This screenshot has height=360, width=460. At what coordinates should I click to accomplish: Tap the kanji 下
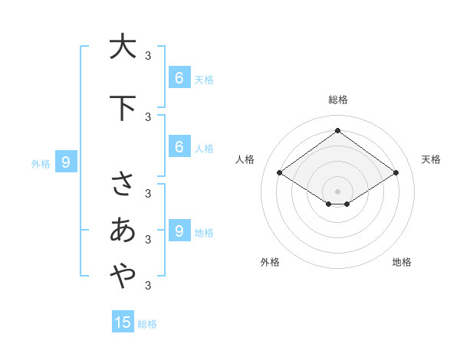coord(123,108)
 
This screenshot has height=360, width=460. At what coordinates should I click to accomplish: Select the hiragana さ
coord(123,185)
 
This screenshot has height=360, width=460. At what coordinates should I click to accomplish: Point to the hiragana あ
coord(123,230)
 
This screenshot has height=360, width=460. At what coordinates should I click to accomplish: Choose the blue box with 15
coord(123,322)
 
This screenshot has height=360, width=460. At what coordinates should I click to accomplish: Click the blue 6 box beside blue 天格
coord(179,78)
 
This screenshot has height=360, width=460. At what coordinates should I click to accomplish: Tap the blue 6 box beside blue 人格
coord(179,147)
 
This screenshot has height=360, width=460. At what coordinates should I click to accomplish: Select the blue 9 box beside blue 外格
coord(66,162)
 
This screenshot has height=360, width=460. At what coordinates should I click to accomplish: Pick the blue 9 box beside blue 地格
coord(179,231)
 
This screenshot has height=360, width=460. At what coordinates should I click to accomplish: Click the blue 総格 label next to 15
coord(147,324)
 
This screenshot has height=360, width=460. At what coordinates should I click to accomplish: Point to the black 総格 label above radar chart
coord(337,100)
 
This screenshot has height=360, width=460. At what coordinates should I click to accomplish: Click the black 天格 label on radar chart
coord(431,159)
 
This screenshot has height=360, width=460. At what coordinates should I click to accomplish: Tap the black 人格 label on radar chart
coord(245,159)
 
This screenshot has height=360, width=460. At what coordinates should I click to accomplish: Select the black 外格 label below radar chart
coord(270,262)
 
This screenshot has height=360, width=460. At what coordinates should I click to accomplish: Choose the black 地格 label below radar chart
coord(402,262)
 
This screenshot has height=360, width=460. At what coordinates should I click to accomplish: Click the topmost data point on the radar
coord(337,130)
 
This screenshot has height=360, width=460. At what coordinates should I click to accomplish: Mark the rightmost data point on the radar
coord(396,173)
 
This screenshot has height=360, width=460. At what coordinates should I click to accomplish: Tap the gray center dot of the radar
coord(337,191)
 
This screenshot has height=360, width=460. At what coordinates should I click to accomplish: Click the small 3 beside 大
coord(147,55)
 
